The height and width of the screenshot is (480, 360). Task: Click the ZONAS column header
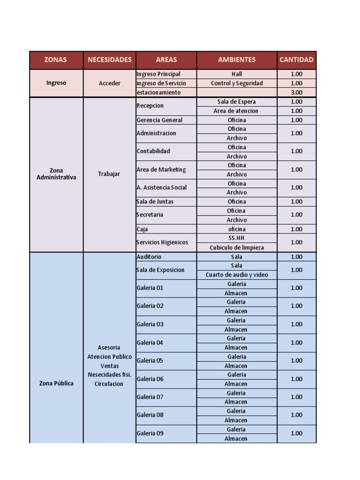tap(56, 60)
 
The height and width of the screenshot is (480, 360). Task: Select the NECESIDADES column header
tap(109, 60)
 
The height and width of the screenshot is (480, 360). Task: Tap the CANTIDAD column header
tap(296, 60)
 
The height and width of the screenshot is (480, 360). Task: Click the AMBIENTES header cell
tap(237, 60)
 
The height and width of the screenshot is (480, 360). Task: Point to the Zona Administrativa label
tap(56, 174)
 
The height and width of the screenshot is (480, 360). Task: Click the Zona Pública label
tap(56, 383)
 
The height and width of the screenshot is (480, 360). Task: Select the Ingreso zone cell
tap(56, 83)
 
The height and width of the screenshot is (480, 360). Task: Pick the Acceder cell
tap(109, 83)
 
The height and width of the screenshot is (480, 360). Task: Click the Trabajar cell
tap(109, 174)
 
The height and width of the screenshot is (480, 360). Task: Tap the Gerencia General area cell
tap(157, 120)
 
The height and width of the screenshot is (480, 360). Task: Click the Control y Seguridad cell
tap(237, 83)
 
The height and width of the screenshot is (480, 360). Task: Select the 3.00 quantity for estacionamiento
tap(296, 93)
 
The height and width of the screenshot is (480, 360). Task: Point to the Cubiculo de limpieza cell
tap(237, 247)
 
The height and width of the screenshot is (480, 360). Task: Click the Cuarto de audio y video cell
tap(237, 275)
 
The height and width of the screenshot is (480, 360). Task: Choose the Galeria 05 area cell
tap(150, 360)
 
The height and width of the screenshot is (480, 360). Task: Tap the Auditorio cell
tap(149, 257)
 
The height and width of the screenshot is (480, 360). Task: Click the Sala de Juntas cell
tap(155, 202)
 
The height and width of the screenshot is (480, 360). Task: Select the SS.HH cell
tap(237, 238)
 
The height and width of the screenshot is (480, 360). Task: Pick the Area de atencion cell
tap(237, 111)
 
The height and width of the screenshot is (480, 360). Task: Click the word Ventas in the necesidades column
tap(109, 366)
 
